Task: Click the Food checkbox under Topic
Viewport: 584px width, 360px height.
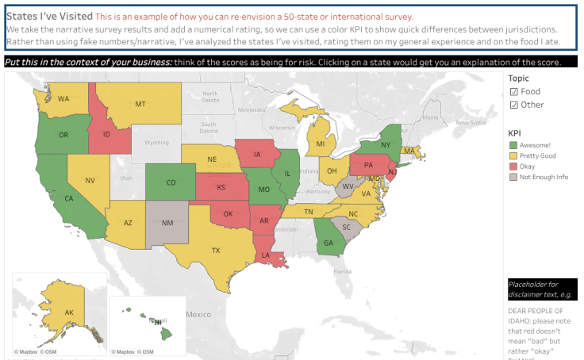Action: [513, 92]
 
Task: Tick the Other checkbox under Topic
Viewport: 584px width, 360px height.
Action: [513, 105]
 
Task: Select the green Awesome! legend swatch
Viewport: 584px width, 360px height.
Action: [513, 146]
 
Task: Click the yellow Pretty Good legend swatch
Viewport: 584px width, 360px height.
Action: [513, 156]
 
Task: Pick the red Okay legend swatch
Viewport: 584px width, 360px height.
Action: [513, 167]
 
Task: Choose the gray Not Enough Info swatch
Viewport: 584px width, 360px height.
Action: [513, 177]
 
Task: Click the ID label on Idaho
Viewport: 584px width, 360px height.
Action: [106, 135]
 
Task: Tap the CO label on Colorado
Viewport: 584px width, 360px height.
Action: [171, 182]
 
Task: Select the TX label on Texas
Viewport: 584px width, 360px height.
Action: [215, 251]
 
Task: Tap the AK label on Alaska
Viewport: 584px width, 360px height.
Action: [69, 313]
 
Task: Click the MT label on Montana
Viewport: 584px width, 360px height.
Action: [140, 104]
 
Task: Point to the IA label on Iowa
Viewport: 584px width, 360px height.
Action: [259, 155]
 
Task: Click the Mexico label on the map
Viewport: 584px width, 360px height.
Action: [198, 315]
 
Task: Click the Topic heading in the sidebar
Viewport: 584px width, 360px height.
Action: [518, 79]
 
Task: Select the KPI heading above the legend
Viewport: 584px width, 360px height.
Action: [514, 132]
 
